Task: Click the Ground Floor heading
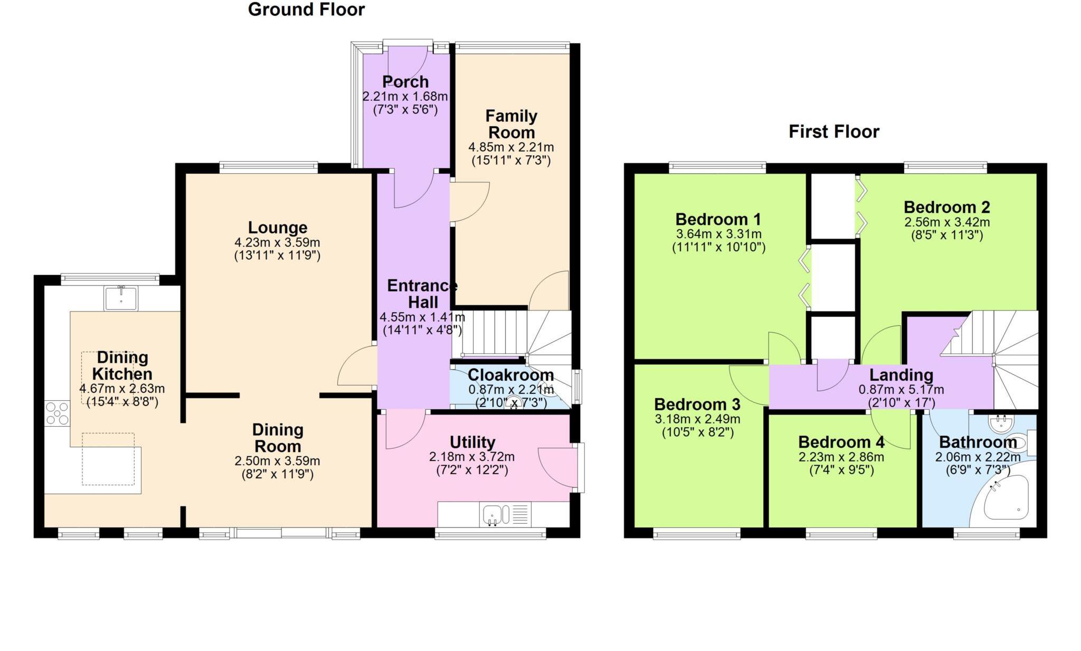click(306, 10)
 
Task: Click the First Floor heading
click(833, 131)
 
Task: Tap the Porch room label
click(405, 82)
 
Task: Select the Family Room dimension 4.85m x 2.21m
click(511, 147)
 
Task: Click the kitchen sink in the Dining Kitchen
click(121, 298)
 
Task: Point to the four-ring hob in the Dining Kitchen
click(57, 413)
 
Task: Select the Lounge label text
click(278, 228)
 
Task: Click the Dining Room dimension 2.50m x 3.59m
click(277, 461)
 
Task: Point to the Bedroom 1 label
click(718, 219)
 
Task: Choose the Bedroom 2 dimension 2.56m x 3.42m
click(947, 222)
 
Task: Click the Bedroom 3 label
click(697, 404)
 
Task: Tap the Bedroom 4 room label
click(841, 442)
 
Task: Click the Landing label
click(901, 375)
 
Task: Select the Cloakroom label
click(510, 375)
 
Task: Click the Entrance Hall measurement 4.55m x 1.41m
click(422, 317)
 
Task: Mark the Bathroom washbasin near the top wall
click(1001, 423)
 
